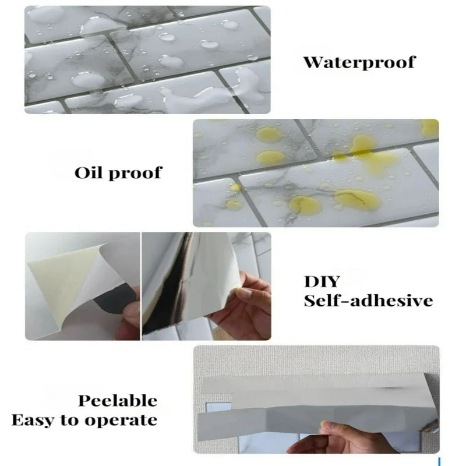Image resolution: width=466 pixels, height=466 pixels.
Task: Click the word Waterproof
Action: tap(359, 62)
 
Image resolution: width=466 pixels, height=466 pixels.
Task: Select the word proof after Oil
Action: tap(135, 174)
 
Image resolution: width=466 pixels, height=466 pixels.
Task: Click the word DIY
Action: tap(322, 281)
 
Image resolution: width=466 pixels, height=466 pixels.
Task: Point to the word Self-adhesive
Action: tap(368, 301)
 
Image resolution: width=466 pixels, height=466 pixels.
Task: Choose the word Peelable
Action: tap(118, 401)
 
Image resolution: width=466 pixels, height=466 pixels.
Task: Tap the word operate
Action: tap(121, 421)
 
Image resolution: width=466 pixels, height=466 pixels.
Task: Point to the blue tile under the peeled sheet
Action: tap(218, 407)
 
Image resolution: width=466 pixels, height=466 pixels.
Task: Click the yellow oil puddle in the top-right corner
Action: tap(430, 128)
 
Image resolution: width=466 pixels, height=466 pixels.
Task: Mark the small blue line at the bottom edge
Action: tap(439, 462)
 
